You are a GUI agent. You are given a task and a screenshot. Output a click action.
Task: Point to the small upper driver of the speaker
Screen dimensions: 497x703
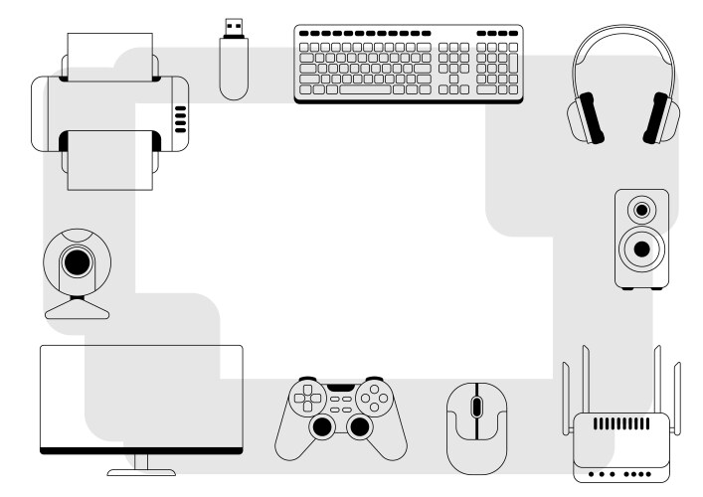(641, 211)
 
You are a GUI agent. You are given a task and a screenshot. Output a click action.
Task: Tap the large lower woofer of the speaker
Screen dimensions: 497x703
(641, 248)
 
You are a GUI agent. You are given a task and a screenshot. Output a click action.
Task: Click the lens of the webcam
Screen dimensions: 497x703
(77, 262)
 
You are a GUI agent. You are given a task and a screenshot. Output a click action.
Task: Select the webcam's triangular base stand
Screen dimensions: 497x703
(78, 307)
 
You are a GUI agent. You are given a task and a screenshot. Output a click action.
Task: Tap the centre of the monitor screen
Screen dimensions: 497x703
(141, 396)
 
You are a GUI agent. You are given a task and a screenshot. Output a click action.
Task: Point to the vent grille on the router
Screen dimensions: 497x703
(620, 423)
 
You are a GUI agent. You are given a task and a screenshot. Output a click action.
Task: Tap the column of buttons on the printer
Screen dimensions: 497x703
(180, 118)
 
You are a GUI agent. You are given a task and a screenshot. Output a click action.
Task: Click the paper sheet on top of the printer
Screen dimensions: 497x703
(110, 55)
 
